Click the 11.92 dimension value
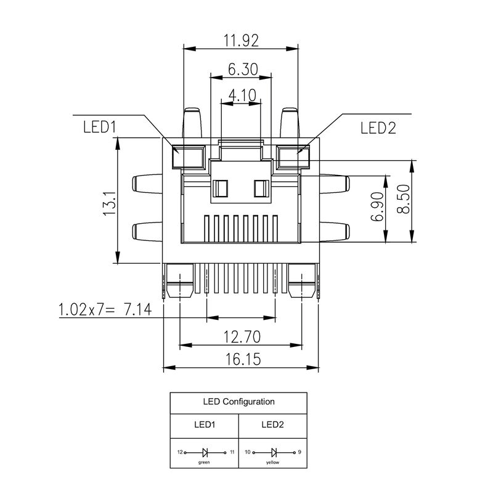tap(241, 40)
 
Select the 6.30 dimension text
tap(242, 70)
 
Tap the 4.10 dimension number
tap(242, 95)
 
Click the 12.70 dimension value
tap(242, 336)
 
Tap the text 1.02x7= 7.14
tap(105, 309)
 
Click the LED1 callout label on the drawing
tap(99, 127)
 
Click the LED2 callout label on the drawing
tap(378, 127)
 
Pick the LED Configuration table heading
tap(238, 402)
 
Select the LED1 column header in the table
tap(204, 425)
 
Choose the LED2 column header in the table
tap(272, 425)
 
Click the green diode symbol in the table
tap(204, 452)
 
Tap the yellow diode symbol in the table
tap(272, 452)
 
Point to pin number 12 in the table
tap(179, 452)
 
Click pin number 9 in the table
tap(299, 452)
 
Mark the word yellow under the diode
tap(272, 462)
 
